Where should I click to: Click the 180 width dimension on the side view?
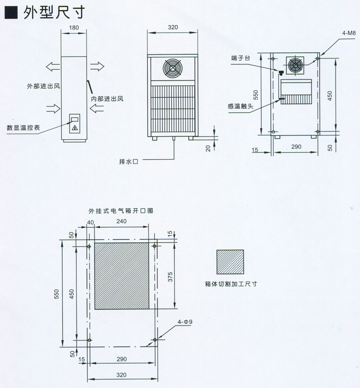pos(73,28)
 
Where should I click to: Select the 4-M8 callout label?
pos(349,34)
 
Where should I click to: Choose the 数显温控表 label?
pos(22,127)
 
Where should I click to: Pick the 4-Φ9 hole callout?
pos(185,322)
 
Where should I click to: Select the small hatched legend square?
pos(230,262)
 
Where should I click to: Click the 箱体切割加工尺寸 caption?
pos(231,284)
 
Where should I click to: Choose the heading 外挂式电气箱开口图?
pos(121,211)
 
